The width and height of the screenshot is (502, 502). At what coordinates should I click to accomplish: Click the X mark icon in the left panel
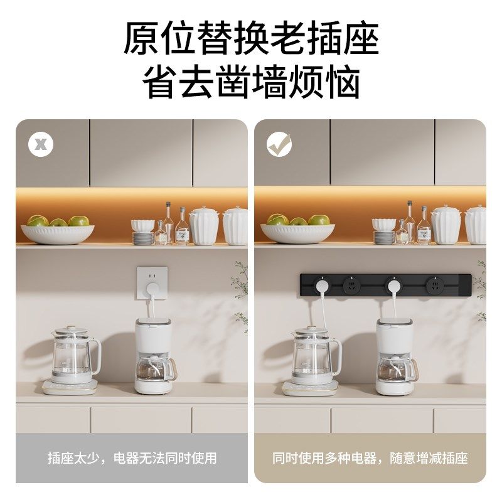tap(41, 144)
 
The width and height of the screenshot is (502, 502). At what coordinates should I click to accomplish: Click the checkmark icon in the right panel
tap(279, 144)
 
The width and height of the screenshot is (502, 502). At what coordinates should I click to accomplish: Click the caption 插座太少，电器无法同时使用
tap(132, 458)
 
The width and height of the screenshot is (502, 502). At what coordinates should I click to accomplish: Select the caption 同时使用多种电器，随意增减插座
tap(370, 458)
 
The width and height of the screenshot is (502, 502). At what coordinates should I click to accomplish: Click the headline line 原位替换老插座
tap(251, 39)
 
